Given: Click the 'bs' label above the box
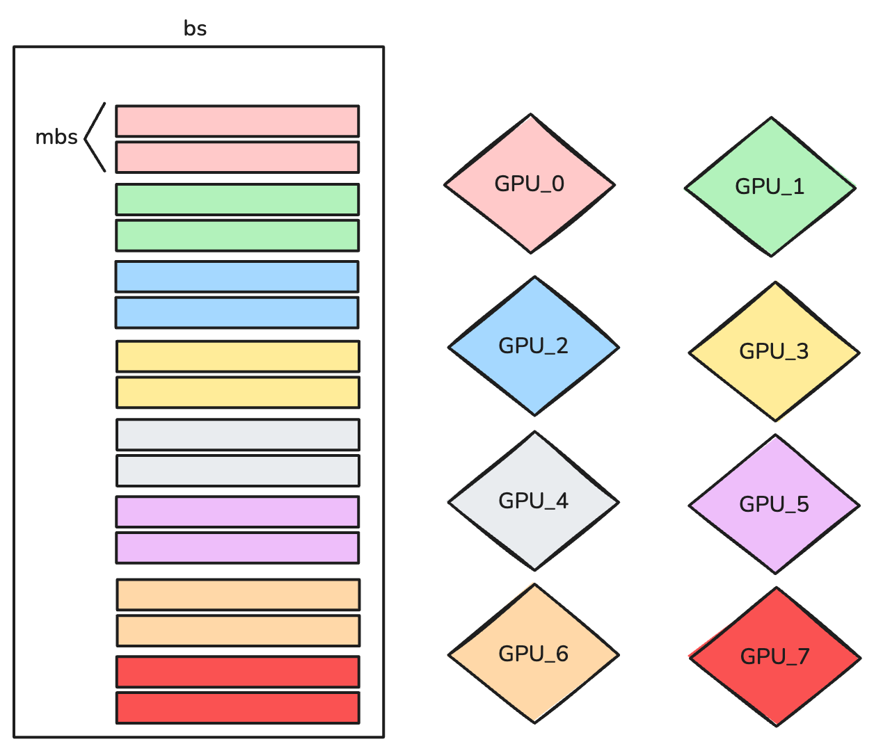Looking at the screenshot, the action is pos(196,29).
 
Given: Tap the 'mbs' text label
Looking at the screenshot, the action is pos(56,137).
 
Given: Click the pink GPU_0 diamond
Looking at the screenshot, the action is pos(530,184).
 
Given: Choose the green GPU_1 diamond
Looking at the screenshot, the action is pos(770,186).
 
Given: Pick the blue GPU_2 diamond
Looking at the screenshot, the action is pos(534,346).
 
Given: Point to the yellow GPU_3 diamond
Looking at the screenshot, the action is pos(774,352).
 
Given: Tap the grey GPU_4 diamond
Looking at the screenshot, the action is pos(534,501).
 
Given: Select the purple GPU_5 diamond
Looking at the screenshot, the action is pos(774,505).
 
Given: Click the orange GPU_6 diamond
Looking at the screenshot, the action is pos(534,654).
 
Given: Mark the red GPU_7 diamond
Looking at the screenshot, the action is pos(774,657).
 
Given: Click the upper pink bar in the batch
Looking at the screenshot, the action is pos(237,121).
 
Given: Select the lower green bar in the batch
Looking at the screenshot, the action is pos(237,236).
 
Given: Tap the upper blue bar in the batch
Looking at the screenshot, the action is pos(237,277).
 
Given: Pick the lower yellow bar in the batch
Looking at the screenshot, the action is pos(238,393).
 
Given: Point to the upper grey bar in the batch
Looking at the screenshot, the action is pos(238,435).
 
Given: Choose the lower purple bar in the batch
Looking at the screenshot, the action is pos(237,548).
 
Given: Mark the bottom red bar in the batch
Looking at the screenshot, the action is pos(238,708).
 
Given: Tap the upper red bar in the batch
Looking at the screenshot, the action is pos(238,672).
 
